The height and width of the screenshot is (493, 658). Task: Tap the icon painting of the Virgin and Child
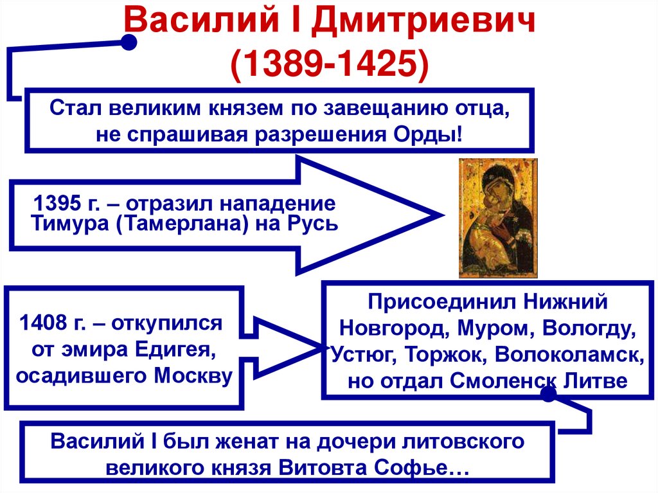tap(498, 218)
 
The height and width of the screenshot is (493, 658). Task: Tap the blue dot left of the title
tap(129, 43)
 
